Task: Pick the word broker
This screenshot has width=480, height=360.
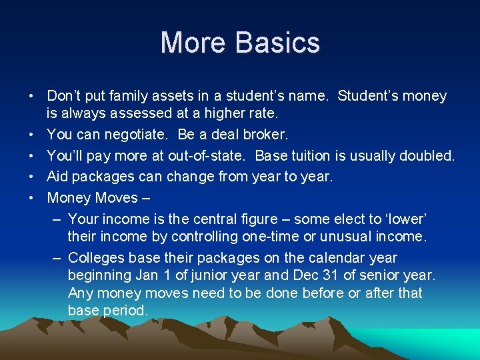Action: [267, 135]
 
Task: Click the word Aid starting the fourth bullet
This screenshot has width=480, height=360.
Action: [58, 177]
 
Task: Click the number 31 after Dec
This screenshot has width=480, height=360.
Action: [335, 275]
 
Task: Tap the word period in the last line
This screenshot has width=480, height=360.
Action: [126, 311]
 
